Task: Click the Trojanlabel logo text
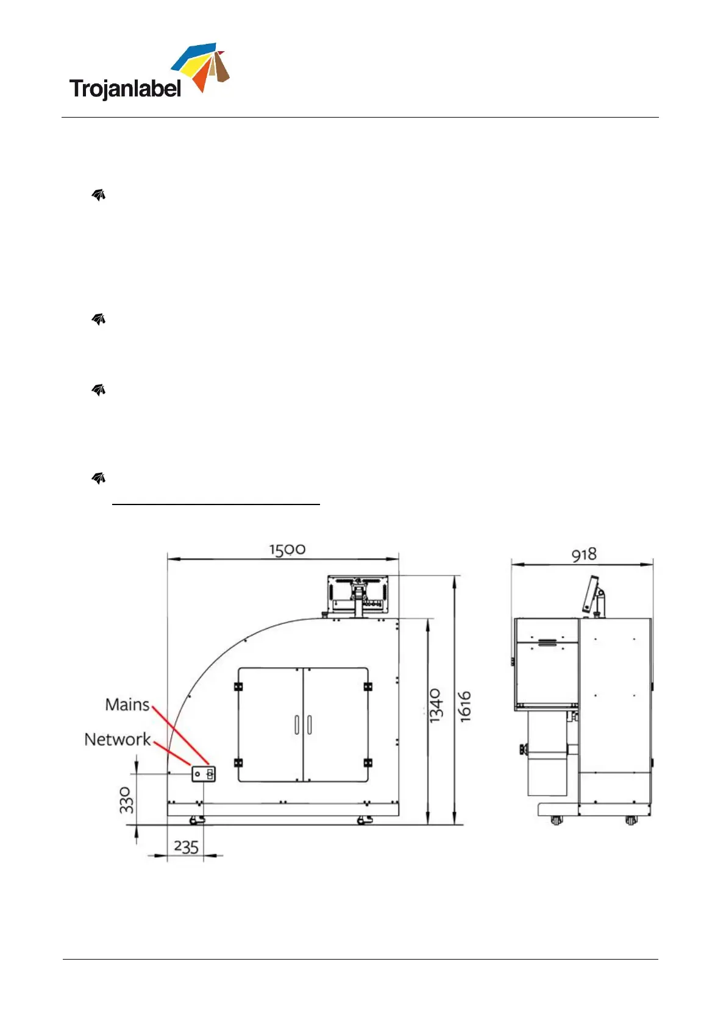click(125, 88)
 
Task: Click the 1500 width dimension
click(287, 549)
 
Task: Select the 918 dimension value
click(584, 554)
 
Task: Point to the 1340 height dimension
click(436, 705)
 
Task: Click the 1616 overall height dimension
click(464, 707)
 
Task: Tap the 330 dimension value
click(126, 800)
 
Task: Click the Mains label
click(127, 704)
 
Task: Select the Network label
click(117, 739)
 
